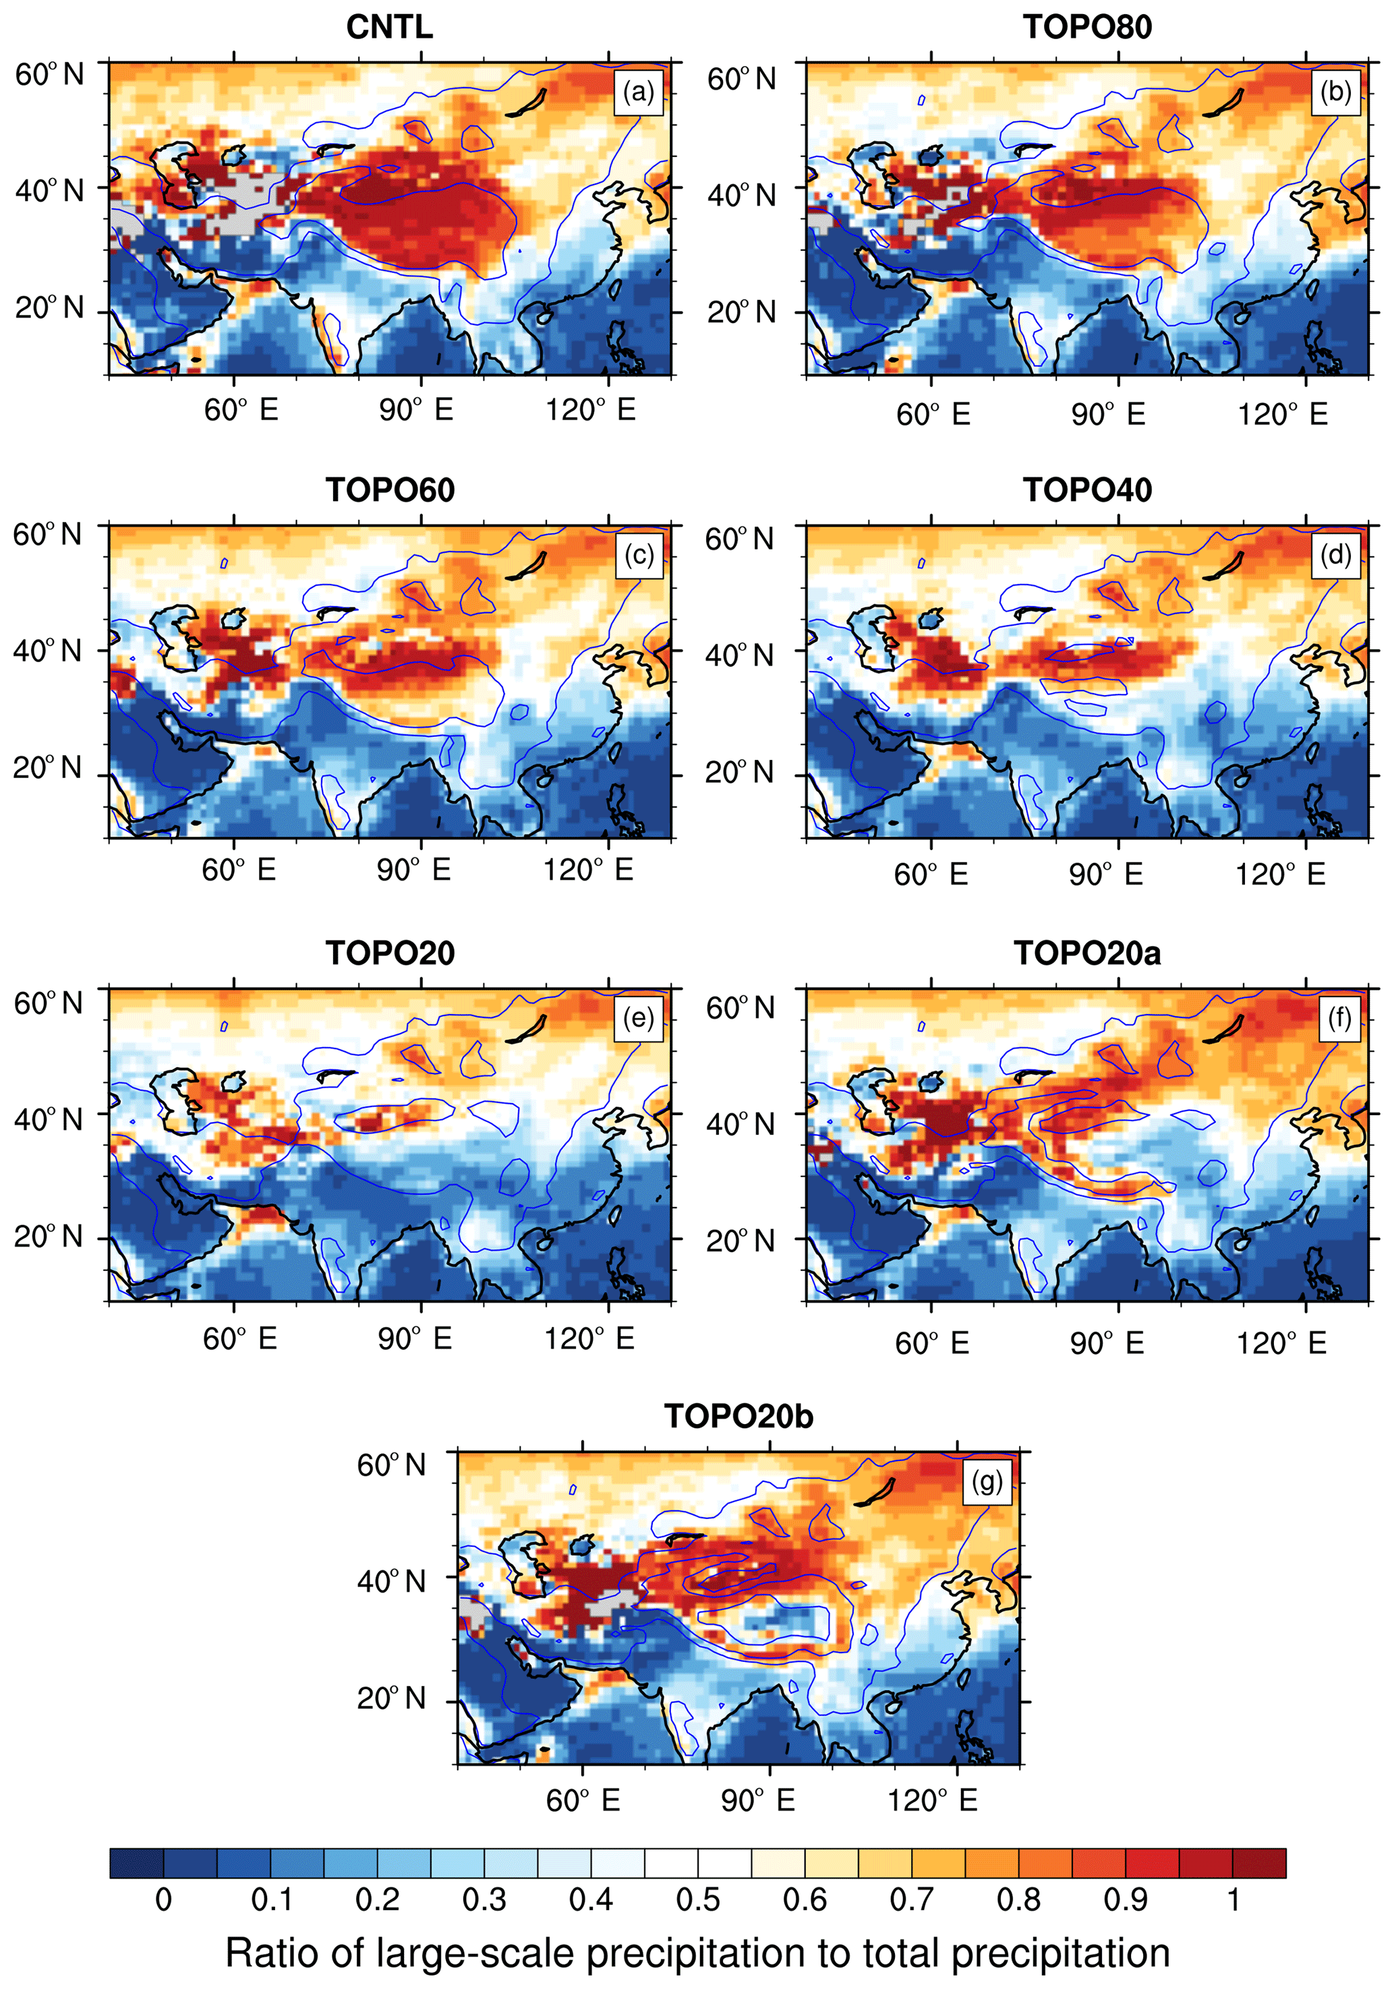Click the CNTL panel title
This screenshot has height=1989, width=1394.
point(389,27)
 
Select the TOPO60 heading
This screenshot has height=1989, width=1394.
point(390,490)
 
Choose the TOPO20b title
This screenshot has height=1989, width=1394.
point(738,1417)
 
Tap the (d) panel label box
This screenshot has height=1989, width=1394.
point(1336,554)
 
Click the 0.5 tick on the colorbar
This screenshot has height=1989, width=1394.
point(697,1900)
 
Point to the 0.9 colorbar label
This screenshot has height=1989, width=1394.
point(1126,1900)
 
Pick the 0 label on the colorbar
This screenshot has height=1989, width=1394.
point(163,1900)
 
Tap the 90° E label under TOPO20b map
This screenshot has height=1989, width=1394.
point(758,1800)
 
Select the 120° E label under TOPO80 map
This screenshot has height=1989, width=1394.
point(1282,415)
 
